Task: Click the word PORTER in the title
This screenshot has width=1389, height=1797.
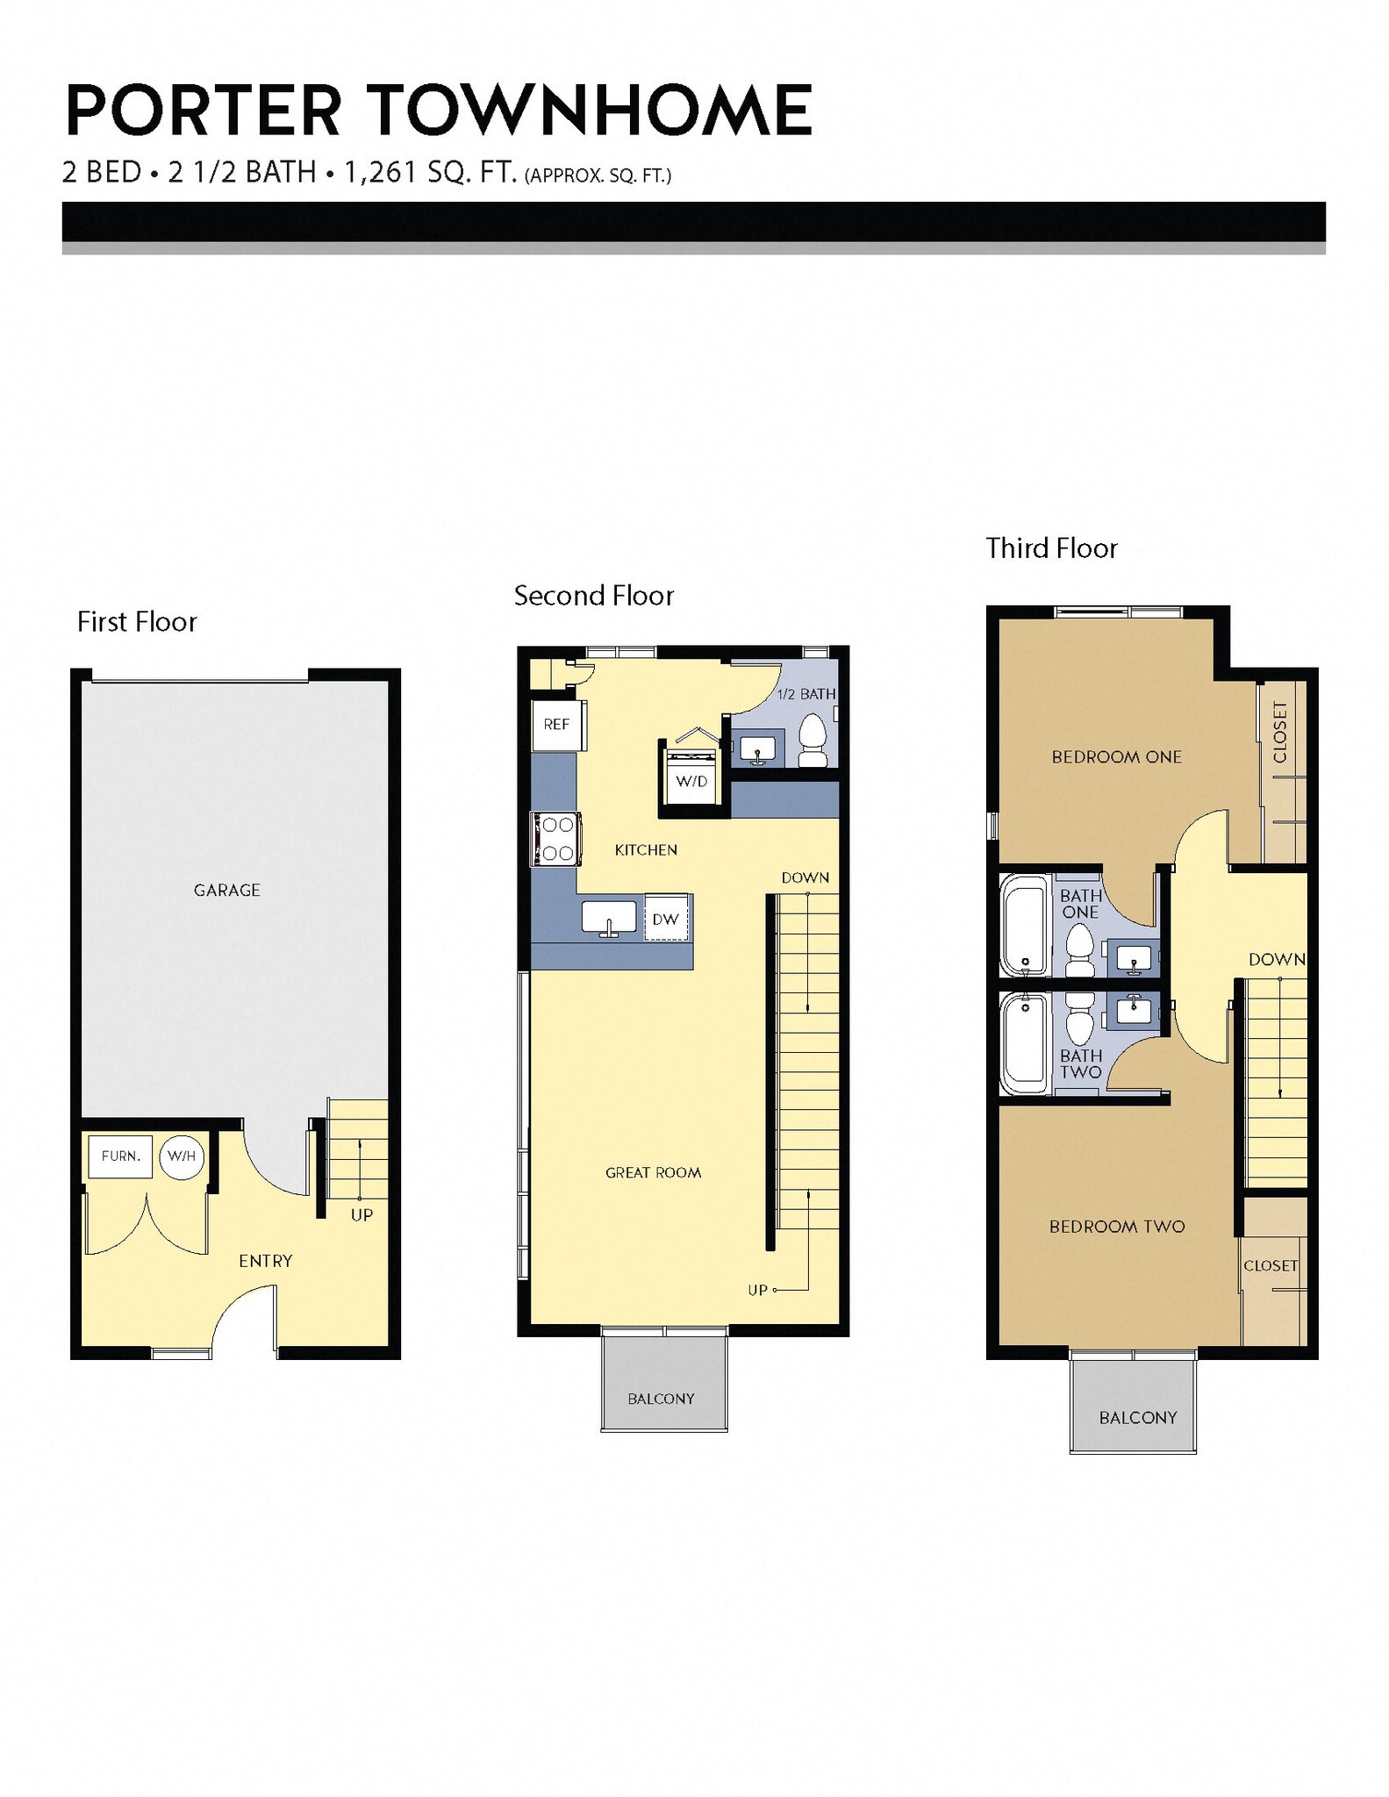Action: coord(203,111)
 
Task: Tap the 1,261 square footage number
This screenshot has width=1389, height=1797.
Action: coord(379,172)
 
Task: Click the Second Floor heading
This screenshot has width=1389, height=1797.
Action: coord(593,596)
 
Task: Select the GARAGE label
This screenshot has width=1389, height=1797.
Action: coord(226,890)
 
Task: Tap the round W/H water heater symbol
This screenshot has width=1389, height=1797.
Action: coord(182,1156)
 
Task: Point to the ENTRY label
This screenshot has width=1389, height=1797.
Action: coord(265,1261)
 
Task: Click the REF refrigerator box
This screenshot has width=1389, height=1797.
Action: coord(556,725)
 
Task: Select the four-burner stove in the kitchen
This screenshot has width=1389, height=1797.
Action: coord(555,839)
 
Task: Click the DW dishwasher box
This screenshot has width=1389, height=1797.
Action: coord(666,919)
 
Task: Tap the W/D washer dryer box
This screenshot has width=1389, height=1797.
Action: coord(691,779)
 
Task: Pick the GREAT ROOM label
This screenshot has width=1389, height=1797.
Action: coord(653,1172)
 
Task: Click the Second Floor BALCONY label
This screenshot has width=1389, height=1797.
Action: coord(661,1399)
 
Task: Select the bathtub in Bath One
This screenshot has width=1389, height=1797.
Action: coord(1024,924)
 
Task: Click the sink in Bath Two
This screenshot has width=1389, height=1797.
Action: coord(1133,1010)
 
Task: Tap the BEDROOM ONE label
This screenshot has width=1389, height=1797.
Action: coord(1116,756)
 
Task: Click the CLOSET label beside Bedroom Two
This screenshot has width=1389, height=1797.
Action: coord(1270,1265)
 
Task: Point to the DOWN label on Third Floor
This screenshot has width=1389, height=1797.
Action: coord(1277,960)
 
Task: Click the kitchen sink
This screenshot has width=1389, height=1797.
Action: coord(610,917)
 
